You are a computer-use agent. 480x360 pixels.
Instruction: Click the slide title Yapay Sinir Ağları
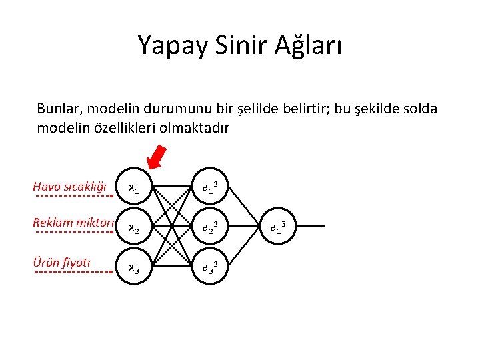point(240,45)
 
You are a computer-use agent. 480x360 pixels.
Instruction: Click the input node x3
point(134,268)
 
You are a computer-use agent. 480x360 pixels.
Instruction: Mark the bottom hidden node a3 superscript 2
point(212,268)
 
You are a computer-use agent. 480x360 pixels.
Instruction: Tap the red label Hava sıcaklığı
point(70,187)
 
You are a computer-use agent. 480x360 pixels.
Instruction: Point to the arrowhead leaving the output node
point(322,227)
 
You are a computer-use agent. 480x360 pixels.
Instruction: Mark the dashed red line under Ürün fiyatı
point(71,272)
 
